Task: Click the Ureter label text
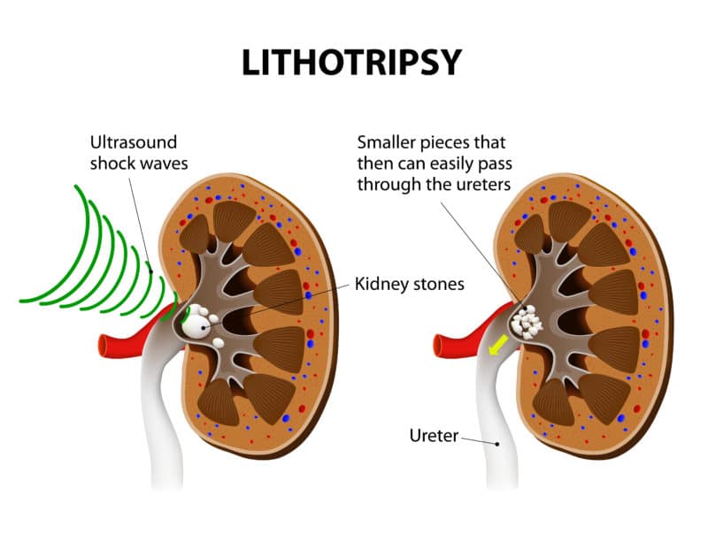(x=433, y=435)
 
